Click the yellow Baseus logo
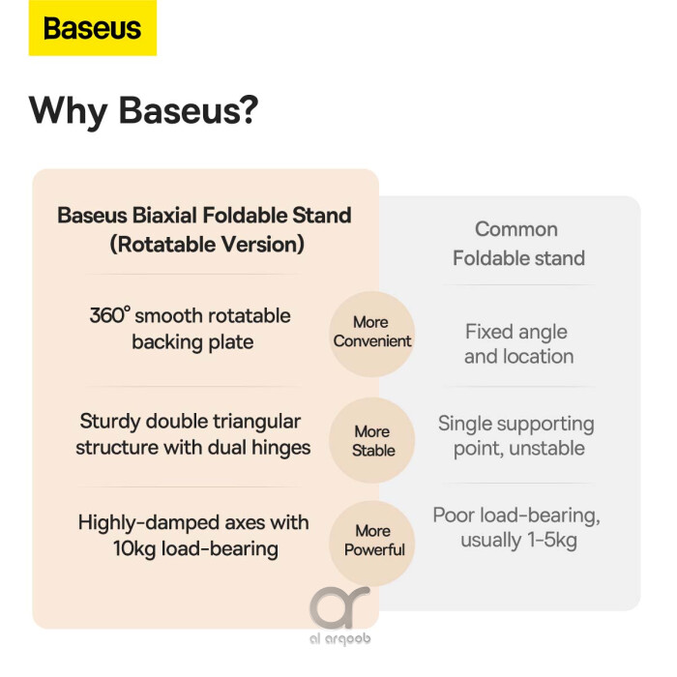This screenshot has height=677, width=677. (x=93, y=28)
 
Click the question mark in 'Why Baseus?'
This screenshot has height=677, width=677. (x=248, y=109)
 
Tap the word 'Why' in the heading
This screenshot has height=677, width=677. (x=69, y=112)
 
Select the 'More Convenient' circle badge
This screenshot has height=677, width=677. (x=372, y=333)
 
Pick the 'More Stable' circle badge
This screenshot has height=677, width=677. (x=372, y=440)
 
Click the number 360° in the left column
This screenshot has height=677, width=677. (x=109, y=314)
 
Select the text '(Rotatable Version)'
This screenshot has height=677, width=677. (x=207, y=245)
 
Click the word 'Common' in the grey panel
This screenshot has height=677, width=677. (x=516, y=229)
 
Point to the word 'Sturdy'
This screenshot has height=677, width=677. (x=109, y=423)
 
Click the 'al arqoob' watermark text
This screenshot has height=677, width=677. (x=340, y=639)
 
